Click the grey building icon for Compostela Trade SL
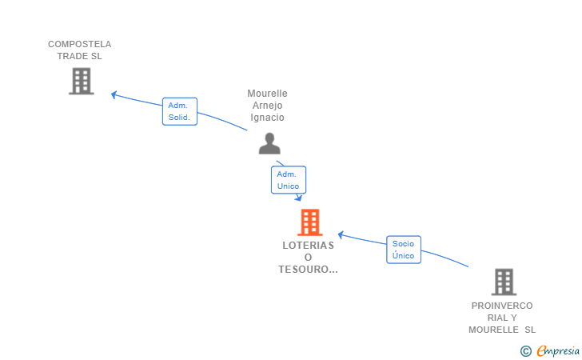pos(81,81)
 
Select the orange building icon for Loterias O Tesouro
pos(309,222)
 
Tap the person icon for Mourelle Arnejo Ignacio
pos(269,143)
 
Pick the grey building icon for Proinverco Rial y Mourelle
pos(504,282)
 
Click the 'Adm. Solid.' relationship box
pos(179,111)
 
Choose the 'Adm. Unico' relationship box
pos(288,180)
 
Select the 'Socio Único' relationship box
pos(404,250)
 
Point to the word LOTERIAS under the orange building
pos(309,246)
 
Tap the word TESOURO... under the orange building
pos(309,270)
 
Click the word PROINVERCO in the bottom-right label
pos(502,306)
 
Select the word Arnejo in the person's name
pos(267,106)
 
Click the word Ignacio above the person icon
pos(267,118)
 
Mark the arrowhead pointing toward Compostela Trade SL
pos(114,94)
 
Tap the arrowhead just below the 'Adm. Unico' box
pos(298,198)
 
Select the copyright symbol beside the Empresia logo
pos(525,350)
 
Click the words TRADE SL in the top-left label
pos(80,56)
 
